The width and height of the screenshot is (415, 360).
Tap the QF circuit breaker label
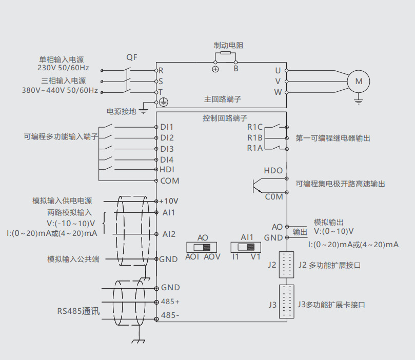(x=132, y=57)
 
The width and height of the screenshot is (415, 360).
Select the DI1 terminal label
(x=167, y=127)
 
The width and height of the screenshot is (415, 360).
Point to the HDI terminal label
(x=167, y=170)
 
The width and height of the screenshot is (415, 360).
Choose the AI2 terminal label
(x=169, y=234)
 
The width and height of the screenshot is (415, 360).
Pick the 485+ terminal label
(x=170, y=302)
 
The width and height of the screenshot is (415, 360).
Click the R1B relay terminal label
(x=255, y=137)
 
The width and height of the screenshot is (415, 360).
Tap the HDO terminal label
(x=273, y=170)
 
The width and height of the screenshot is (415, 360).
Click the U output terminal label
(x=278, y=70)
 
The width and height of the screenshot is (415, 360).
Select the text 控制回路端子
(x=225, y=118)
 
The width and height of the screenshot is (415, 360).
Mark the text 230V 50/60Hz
(x=63, y=68)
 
